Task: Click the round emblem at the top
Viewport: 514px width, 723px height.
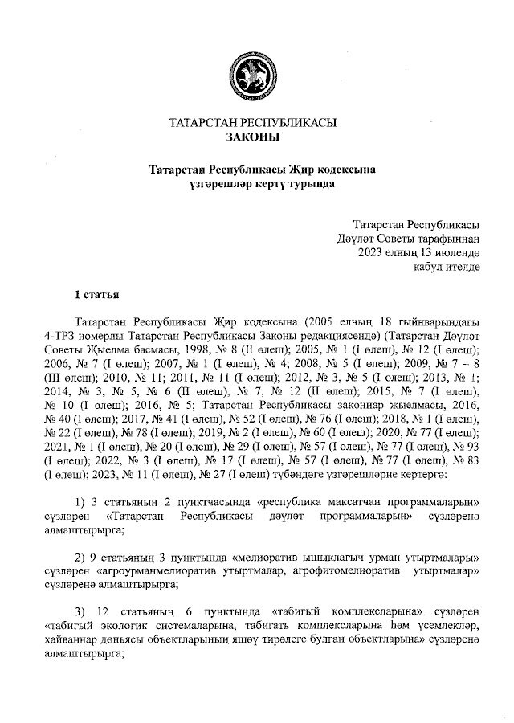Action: (x=253, y=75)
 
